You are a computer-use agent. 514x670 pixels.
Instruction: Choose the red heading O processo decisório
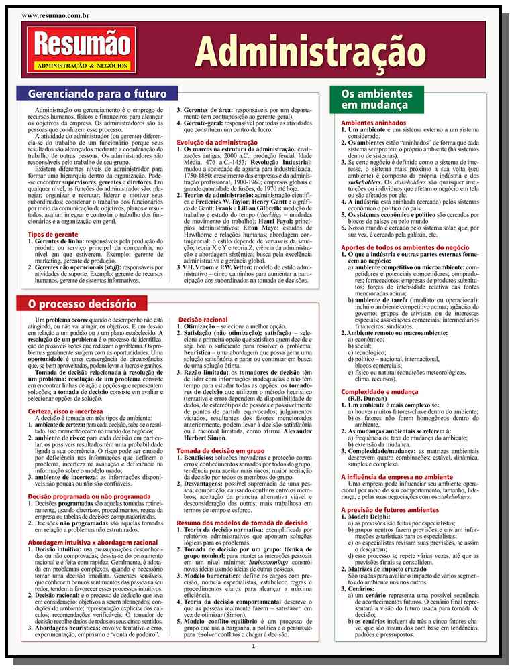tap(82, 303)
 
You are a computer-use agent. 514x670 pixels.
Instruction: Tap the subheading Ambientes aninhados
tap(373, 125)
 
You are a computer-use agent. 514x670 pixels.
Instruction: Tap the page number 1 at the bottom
tap(254, 646)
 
